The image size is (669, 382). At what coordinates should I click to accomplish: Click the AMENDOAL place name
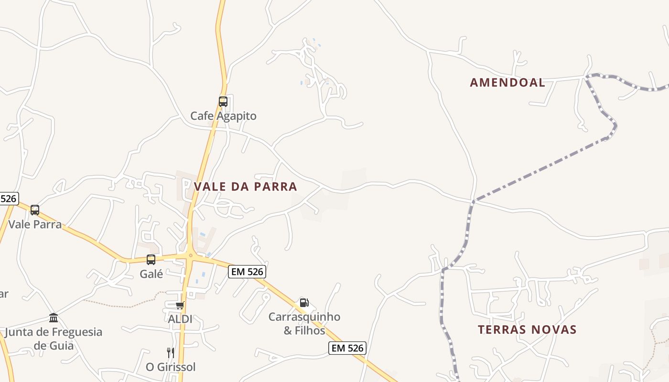[x=507, y=83]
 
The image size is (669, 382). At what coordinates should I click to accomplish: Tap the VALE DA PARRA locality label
[x=246, y=187]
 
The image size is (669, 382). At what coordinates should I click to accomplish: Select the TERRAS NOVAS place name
[x=527, y=329]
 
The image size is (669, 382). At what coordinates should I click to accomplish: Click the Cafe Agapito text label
[x=223, y=116]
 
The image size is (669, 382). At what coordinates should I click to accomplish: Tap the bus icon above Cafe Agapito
[x=223, y=101]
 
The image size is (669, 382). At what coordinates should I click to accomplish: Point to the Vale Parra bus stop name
[x=35, y=224]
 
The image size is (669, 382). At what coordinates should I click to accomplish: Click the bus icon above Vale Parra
[x=35, y=210]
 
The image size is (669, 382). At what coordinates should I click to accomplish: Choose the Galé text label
[x=151, y=274]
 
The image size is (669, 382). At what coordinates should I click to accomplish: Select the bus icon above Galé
[x=151, y=259]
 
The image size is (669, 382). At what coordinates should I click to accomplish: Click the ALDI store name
[x=180, y=319]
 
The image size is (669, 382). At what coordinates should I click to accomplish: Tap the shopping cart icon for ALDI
[x=180, y=305]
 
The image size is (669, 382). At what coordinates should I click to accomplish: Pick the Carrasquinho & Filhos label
[x=304, y=323]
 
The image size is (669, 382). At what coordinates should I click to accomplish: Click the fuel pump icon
[x=304, y=302]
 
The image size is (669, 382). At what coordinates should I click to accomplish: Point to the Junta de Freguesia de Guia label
[x=54, y=338]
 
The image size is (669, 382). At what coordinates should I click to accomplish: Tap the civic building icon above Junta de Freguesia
[x=54, y=318]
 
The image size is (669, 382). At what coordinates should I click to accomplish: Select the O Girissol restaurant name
[x=171, y=367]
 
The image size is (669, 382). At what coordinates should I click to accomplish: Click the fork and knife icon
[x=171, y=353]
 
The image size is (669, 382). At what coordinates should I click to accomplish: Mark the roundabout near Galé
[x=190, y=255]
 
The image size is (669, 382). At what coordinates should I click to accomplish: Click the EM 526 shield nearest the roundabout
[x=247, y=272]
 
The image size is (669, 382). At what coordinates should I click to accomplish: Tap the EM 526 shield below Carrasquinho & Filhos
[x=348, y=348]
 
